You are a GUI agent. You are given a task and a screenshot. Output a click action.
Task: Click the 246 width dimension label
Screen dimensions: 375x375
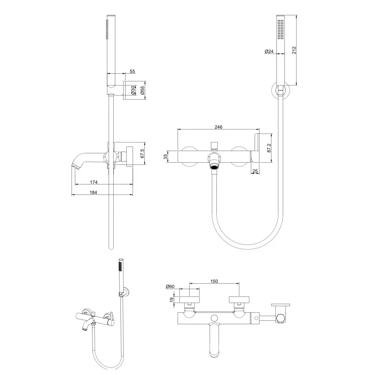coord(219,127)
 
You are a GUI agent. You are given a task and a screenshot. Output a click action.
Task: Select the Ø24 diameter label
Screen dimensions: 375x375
coord(268,51)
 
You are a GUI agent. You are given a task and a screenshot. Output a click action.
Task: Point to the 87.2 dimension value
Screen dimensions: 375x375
coord(268,148)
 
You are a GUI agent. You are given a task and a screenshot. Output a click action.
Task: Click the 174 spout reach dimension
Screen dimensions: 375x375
coord(94,182)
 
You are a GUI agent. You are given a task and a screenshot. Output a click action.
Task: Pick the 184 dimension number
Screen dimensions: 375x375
coord(94,193)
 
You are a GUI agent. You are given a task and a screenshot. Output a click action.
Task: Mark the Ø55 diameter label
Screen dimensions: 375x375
coord(142,90)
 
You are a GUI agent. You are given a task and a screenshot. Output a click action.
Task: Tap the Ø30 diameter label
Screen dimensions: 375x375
coord(133,90)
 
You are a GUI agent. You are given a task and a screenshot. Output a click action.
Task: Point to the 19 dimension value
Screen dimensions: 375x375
coord(172,300)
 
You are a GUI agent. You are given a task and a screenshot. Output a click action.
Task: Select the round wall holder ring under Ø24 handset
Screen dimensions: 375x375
coord(279,90)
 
